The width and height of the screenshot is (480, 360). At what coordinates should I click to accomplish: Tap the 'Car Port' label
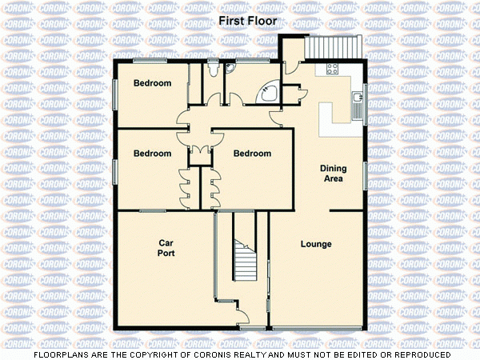click(166, 247)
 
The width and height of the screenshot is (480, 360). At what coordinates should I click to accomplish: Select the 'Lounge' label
click(316, 244)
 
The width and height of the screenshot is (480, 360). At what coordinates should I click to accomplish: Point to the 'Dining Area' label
click(332, 174)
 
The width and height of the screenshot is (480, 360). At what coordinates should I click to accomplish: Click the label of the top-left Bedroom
click(152, 83)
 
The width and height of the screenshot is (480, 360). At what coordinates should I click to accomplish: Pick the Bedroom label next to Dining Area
click(252, 154)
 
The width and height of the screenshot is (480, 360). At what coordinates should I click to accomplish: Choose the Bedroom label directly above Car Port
click(152, 154)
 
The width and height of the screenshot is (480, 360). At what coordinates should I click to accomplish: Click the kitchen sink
click(357, 100)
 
